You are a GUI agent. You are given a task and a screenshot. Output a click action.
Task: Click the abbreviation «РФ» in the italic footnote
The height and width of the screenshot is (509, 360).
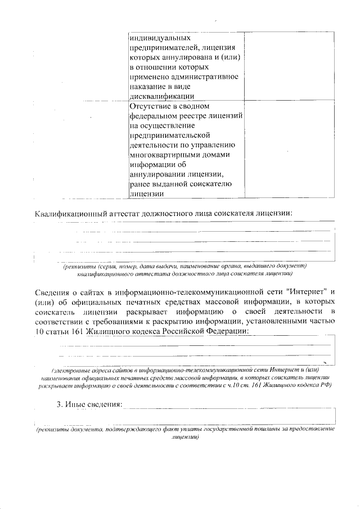(323, 385)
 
